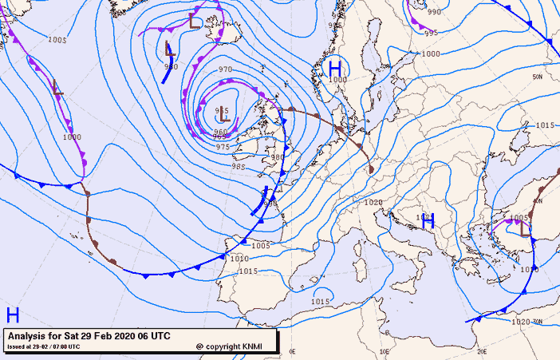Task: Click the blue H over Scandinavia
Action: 335,68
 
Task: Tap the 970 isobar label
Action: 226,70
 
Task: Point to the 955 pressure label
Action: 223,111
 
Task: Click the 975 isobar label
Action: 223,147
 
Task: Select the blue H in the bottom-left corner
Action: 13,314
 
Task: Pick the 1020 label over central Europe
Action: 373,203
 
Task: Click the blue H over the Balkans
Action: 428,221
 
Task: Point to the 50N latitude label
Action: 538,77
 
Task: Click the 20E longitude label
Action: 482,351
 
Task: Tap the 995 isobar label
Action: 431,33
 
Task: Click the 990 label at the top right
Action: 434,12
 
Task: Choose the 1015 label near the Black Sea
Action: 545,125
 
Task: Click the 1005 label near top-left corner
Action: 57,40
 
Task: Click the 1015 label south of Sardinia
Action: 320,301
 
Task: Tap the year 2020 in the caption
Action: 124,336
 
